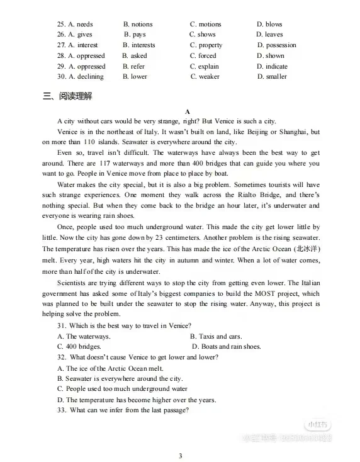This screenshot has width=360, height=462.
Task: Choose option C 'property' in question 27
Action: [x=206, y=45]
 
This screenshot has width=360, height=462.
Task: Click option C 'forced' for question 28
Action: [x=203, y=55]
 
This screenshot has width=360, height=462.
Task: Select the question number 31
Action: [x=62, y=325]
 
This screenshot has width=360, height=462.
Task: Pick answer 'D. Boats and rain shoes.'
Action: [x=226, y=346]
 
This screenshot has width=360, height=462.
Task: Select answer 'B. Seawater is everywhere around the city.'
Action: [x=120, y=378]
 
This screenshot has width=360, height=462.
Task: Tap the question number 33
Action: [x=62, y=410]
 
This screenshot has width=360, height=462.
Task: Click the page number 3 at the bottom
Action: [x=180, y=456]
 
